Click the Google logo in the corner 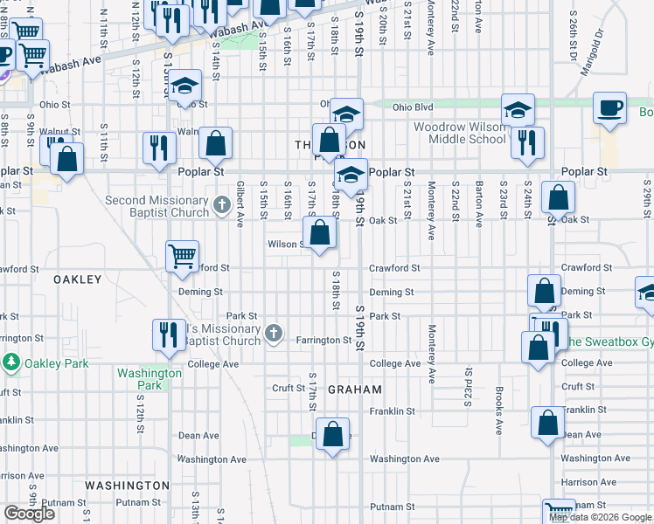point(29,514)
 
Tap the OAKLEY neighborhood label point(78,279)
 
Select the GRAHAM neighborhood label point(355,390)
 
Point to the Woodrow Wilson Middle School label point(459,133)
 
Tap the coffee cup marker point(609,108)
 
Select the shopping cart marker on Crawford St point(182,256)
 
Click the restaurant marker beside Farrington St point(168,334)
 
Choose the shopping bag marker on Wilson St point(320,233)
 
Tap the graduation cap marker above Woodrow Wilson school point(518,109)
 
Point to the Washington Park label point(150,378)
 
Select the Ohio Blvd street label point(413,107)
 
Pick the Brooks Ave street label point(498,410)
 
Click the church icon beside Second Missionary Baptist point(221,206)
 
